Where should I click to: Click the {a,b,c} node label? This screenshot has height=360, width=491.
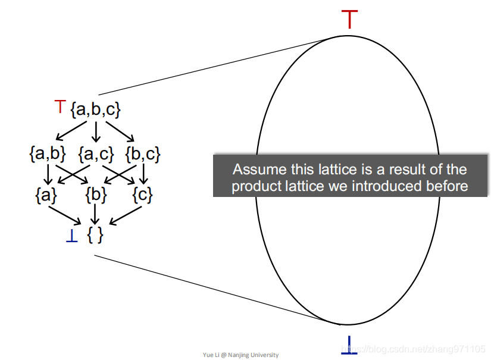point(96,109)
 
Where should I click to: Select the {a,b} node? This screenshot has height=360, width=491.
point(47,154)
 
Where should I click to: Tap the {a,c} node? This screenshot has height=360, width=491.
point(96,154)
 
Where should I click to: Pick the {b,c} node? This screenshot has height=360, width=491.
point(143,154)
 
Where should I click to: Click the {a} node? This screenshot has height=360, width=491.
point(47,195)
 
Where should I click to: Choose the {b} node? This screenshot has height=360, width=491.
point(96,195)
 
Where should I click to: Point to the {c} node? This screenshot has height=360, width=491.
point(143,195)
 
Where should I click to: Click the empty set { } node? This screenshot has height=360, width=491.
point(95,235)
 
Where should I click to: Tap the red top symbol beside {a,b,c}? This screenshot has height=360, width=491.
point(60,107)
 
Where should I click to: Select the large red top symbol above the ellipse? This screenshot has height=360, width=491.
point(350,19)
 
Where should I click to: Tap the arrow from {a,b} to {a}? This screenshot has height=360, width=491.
point(47,174)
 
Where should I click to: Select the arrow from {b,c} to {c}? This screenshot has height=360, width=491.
point(143,174)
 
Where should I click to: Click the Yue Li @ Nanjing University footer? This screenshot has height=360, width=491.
point(240,355)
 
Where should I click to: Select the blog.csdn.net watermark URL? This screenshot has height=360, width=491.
point(417,348)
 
